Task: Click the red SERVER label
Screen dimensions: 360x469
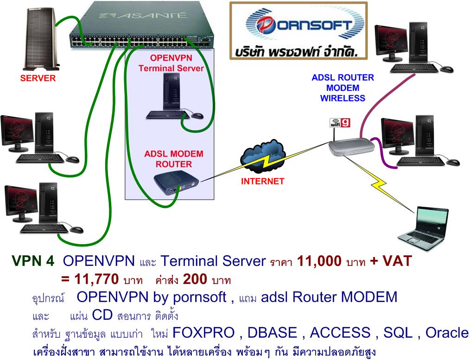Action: click(38, 78)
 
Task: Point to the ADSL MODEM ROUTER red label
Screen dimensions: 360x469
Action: click(173, 158)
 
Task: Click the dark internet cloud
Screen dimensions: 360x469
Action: click(262, 158)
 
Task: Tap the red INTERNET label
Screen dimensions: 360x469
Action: click(262, 181)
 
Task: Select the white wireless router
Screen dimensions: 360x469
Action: click(353, 146)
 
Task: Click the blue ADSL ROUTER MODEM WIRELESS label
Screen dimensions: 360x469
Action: click(342, 88)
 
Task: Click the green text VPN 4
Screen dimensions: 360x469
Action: click(33, 262)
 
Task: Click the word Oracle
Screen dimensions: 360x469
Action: click(447, 333)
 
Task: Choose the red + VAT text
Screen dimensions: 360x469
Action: click(391, 262)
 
